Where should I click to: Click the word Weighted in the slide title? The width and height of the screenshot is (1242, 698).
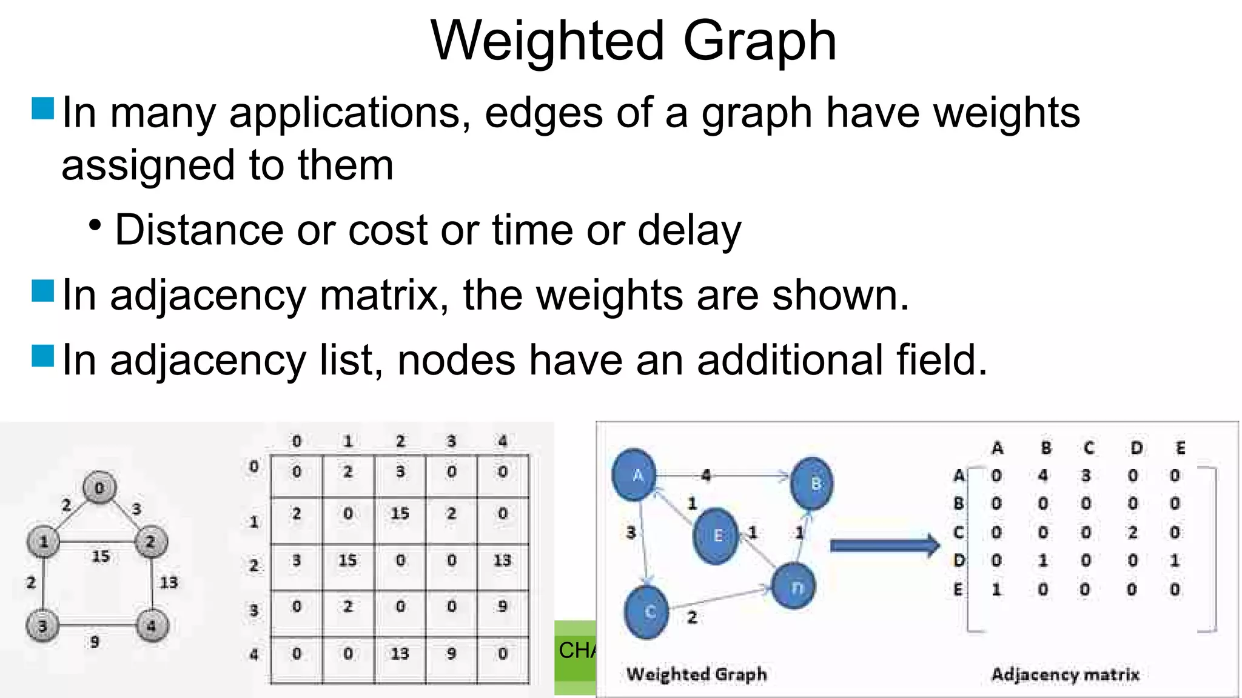click(x=547, y=41)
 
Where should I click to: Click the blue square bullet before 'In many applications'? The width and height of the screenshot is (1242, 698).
click(x=42, y=108)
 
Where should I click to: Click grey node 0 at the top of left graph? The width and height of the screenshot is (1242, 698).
click(x=100, y=488)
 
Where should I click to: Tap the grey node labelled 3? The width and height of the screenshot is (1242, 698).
click(x=42, y=625)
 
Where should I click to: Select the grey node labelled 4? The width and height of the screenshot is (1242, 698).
click(x=151, y=625)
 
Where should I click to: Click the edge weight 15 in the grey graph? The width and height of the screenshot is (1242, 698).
click(x=101, y=556)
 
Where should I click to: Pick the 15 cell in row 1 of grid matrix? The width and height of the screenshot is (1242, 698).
click(x=400, y=514)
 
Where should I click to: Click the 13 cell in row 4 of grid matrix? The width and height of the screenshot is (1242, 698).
click(x=400, y=654)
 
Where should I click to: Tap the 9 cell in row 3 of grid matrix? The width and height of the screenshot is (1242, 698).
click(x=503, y=607)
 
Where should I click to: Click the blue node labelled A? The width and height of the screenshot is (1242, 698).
click(x=635, y=476)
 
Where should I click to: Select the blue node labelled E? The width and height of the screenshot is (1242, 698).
click(x=716, y=536)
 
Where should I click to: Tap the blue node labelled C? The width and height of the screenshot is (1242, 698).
click(x=647, y=612)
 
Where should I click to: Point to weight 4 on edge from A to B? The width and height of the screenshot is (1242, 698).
click(x=706, y=476)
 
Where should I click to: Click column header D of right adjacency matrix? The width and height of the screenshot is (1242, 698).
click(x=1136, y=448)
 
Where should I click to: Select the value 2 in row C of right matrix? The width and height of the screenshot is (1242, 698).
click(x=1132, y=533)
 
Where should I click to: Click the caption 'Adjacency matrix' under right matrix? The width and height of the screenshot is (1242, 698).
click(x=1065, y=674)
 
